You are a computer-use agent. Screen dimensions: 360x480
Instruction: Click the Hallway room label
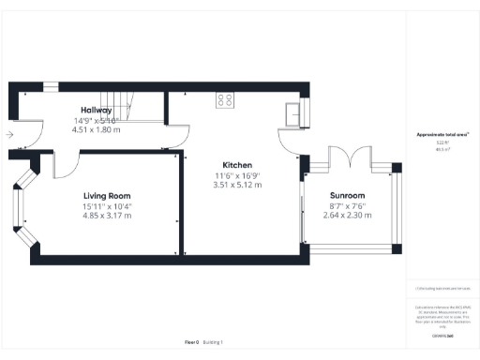pos(97,111)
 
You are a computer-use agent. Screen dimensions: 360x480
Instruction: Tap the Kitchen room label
pos(234,163)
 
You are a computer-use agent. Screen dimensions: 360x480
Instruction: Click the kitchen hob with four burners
pos(226,98)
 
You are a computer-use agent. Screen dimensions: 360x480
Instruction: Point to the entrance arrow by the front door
pos(8,135)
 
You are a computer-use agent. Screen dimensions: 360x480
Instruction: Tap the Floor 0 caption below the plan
pos(191,342)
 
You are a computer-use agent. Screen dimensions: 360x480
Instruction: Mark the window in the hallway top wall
pos(50,87)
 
